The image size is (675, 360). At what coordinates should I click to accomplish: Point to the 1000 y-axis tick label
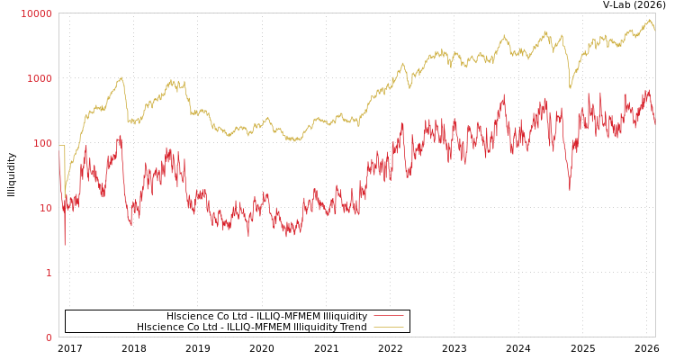click(x=40, y=78)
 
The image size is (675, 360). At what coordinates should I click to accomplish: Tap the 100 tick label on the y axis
click(x=42, y=143)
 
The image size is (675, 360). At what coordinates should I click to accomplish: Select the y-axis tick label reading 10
click(x=45, y=208)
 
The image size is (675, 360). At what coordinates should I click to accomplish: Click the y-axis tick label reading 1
click(x=49, y=273)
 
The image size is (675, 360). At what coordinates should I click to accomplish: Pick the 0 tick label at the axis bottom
click(x=49, y=337)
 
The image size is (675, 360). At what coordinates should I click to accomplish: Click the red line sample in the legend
click(x=388, y=316)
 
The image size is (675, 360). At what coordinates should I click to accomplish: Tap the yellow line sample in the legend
click(x=388, y=328)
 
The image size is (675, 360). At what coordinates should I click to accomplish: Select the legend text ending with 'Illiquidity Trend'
click(x=252, y=328)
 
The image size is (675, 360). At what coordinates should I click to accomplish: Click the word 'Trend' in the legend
click(x=353, y=328)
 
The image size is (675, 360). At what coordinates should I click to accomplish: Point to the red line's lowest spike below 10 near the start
click(x=64, y=244)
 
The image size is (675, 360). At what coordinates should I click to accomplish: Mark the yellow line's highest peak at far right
click(x=649, y=20)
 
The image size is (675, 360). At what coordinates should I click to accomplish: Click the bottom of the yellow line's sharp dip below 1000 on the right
click(x=570, y=88)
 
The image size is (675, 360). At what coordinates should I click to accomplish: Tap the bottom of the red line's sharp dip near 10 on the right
click(x=569, y=189)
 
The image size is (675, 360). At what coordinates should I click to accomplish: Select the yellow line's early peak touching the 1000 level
click(x=121, y=77)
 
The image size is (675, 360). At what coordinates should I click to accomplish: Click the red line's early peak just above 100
click(x=120, y=136)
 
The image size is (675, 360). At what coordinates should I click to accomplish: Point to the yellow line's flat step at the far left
click(x=62, y=146)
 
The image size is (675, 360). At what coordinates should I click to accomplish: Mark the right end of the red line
click(x=654, y=121)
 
